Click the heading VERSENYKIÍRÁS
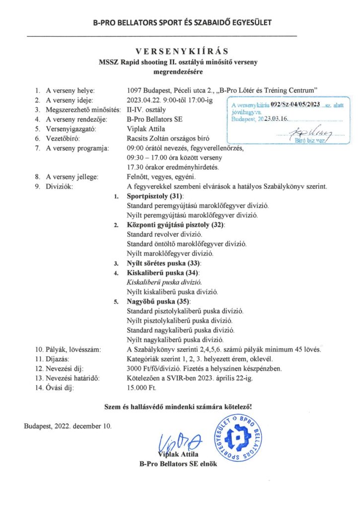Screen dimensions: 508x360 (x=179, y=51)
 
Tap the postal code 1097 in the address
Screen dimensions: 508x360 (x=136, y=91)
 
